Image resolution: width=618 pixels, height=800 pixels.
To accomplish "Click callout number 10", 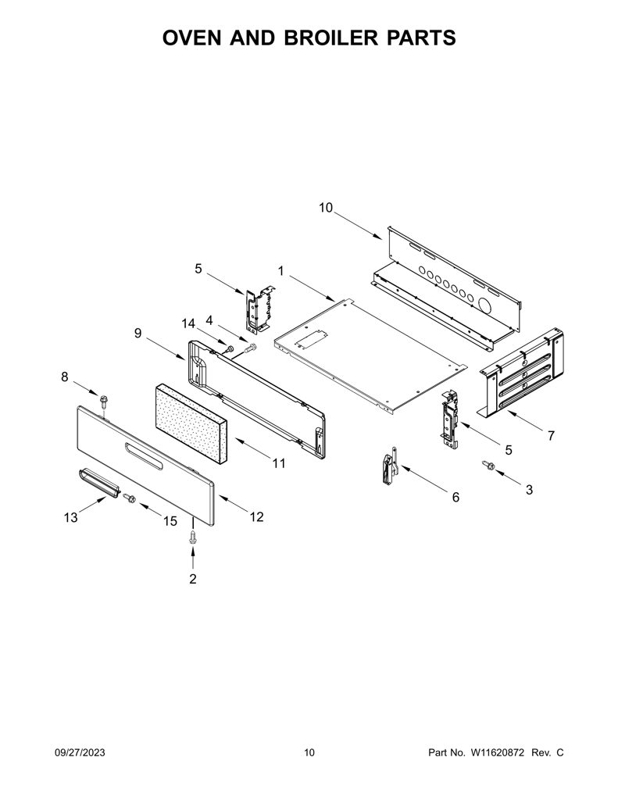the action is click(326, 208).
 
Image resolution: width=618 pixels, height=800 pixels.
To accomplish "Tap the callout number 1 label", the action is click(280, 270).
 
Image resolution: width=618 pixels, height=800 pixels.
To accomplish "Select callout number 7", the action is click(551, 436).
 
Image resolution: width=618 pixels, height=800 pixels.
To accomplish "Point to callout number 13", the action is click(71, 517).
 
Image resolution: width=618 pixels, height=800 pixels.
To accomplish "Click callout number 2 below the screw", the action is click(192, 579).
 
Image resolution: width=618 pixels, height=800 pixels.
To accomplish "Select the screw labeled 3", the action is click(488, 465).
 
